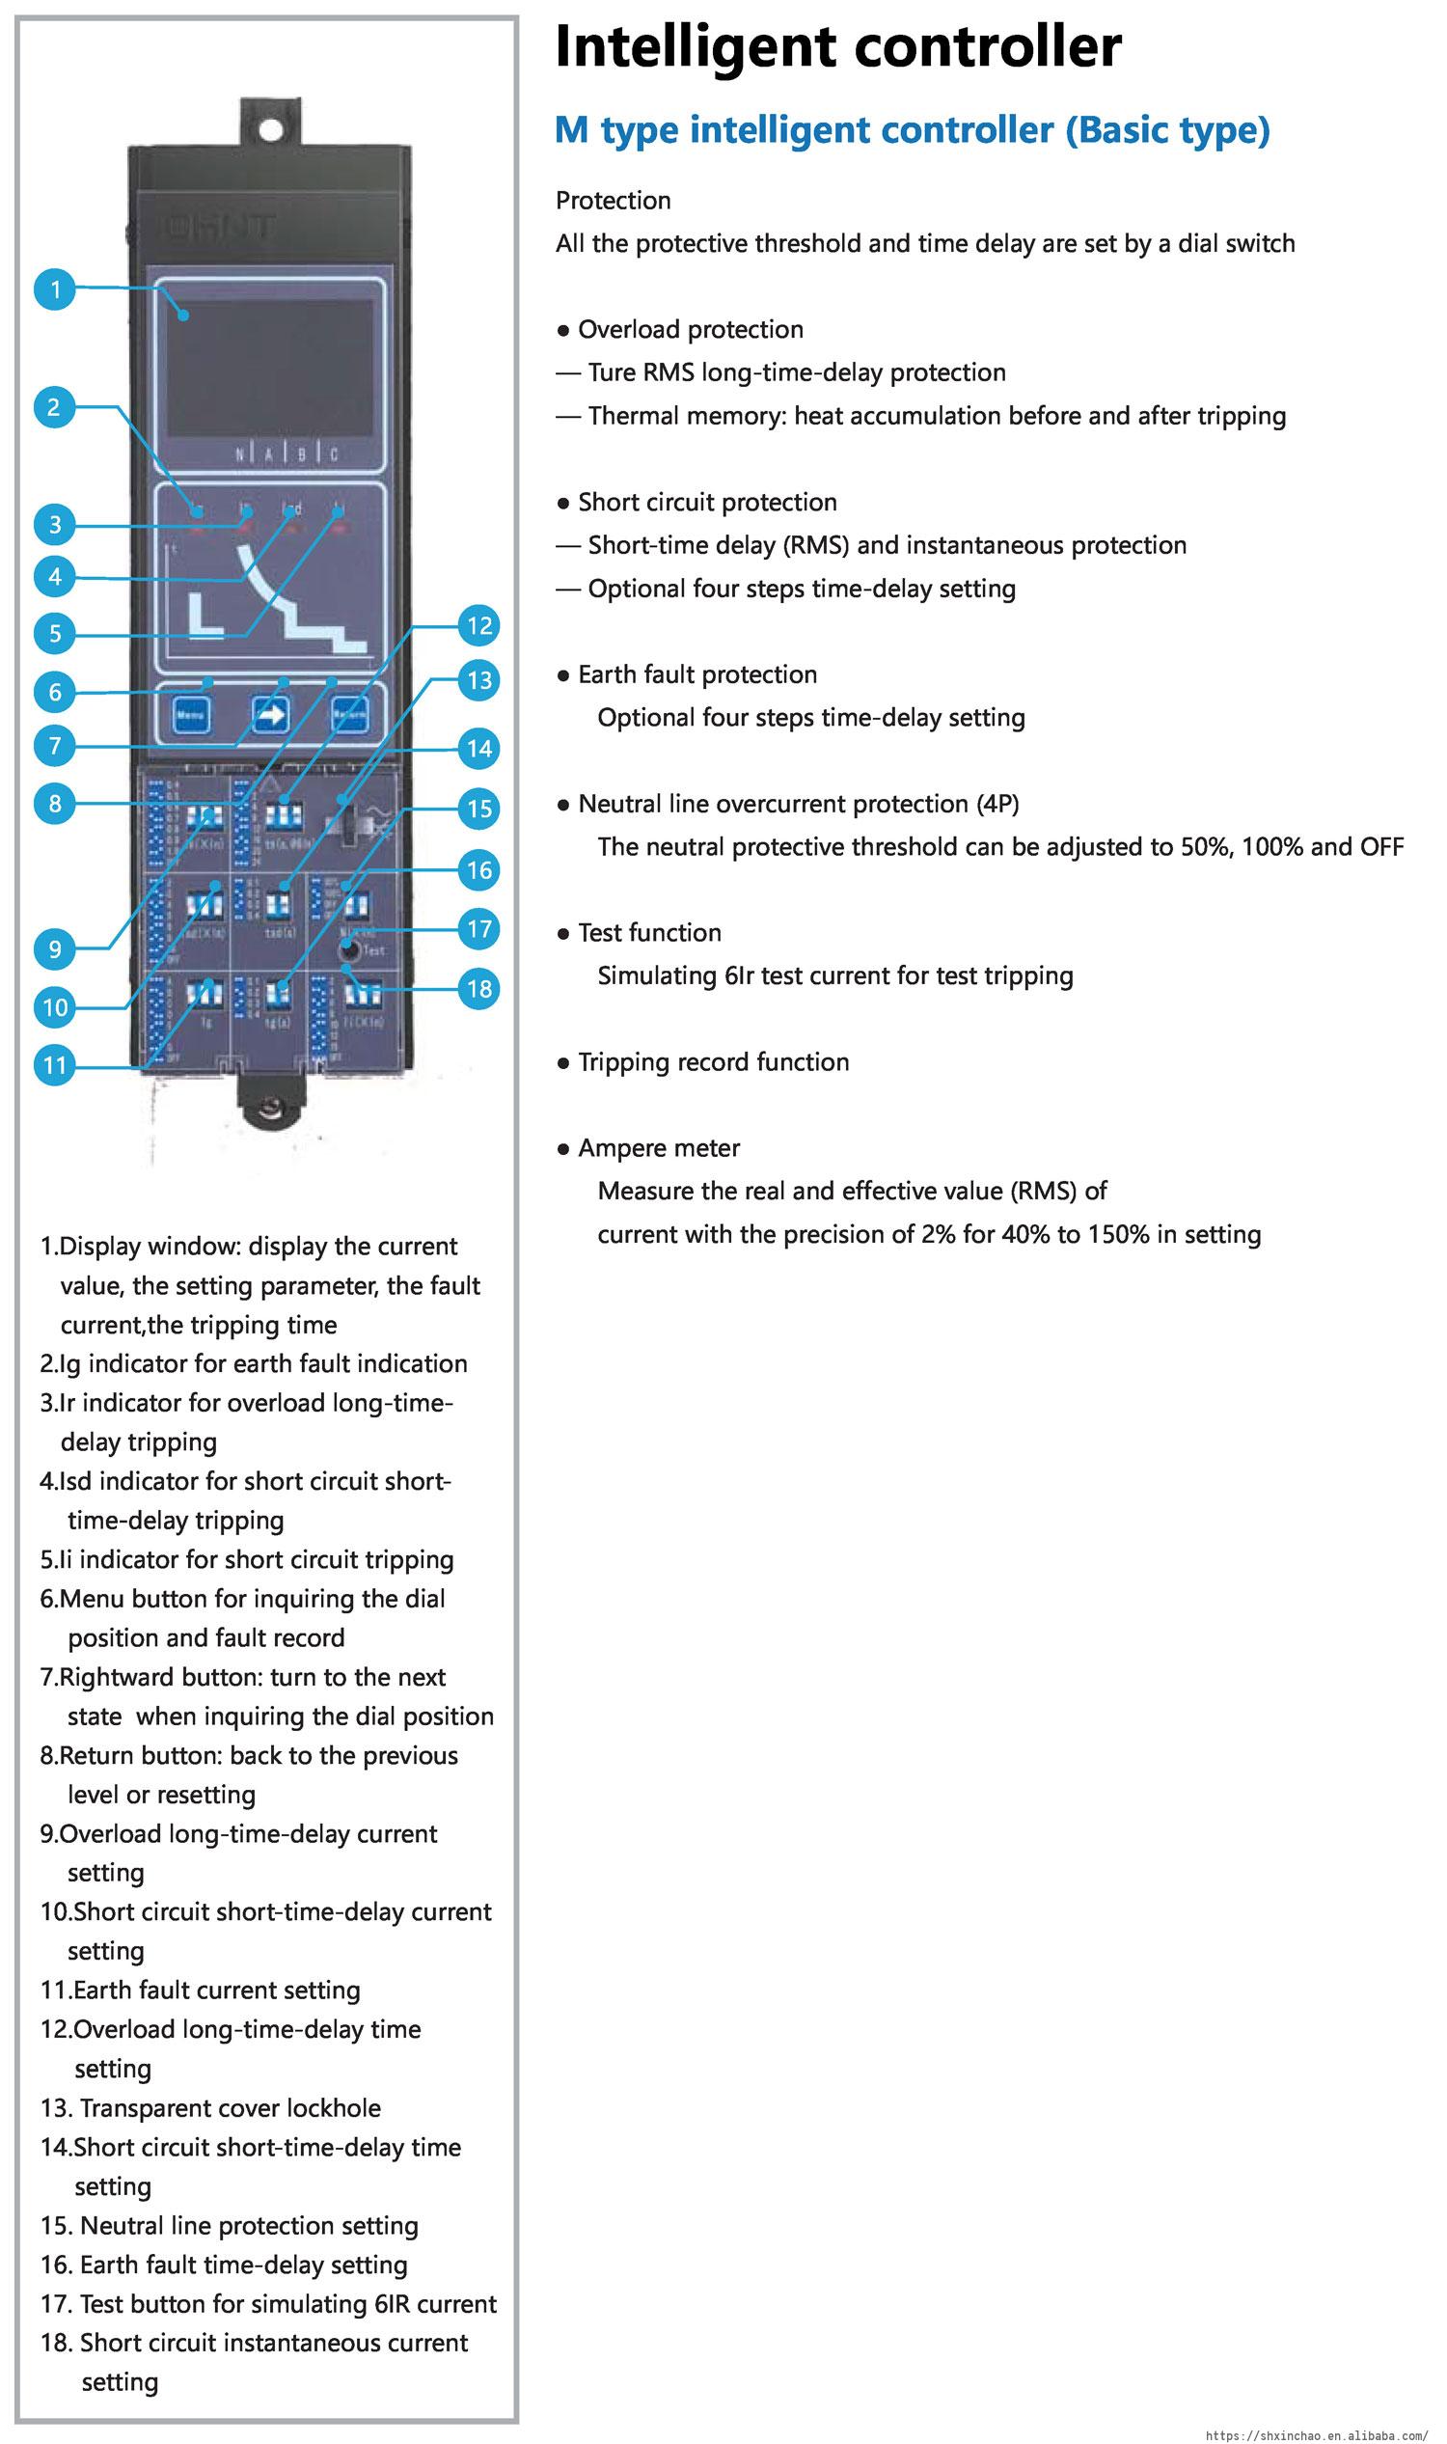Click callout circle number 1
coord(56,288)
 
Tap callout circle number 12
coord(478,625)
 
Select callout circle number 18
coord(478,988)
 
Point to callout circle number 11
coord(56,1065)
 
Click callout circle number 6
coord(56,692)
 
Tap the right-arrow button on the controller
coord(270,715)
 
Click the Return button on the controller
coord(349,715)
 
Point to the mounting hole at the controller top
coord(271,129)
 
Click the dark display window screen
coord(270,367)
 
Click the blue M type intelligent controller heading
coord(912,129)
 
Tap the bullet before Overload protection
coord(562,331)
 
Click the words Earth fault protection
coord(697,673)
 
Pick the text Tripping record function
coord(713,1061)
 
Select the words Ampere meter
coord(658,1148)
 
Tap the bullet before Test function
coord(562,933)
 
